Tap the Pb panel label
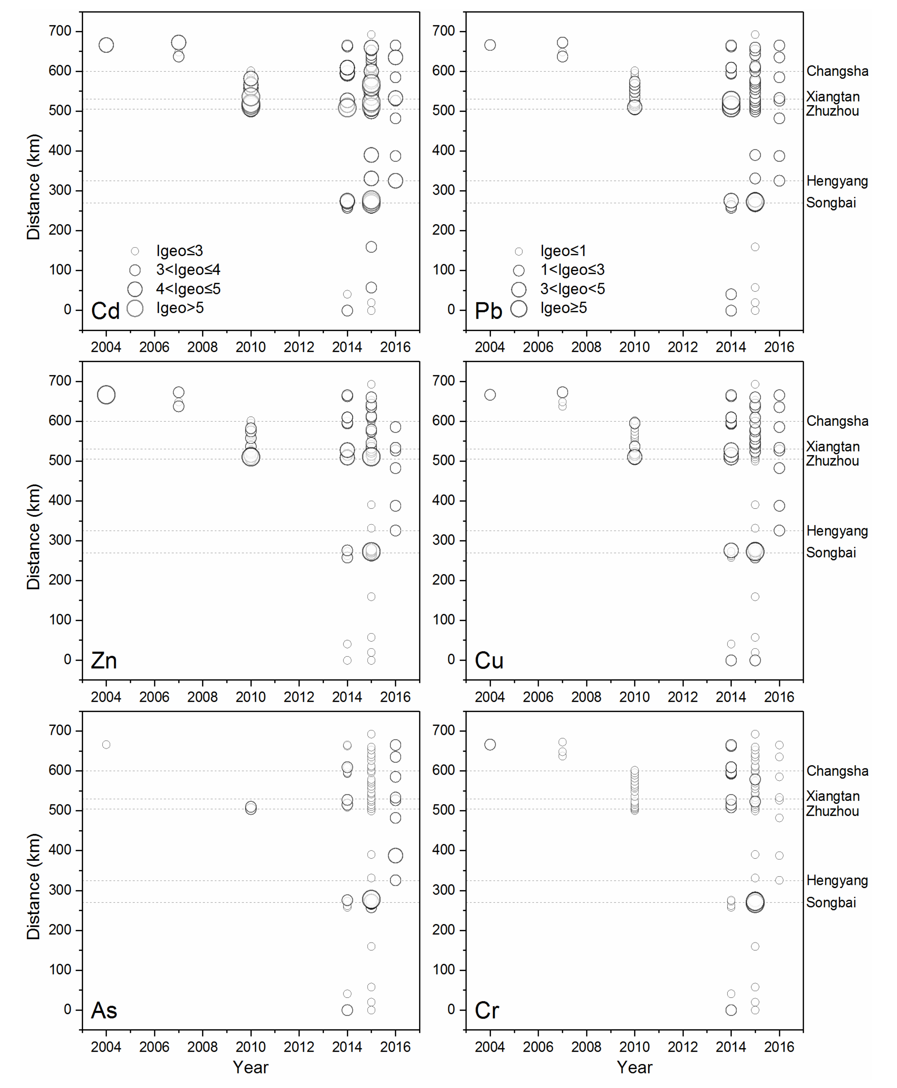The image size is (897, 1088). (488, 311)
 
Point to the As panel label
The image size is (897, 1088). (104, 1011)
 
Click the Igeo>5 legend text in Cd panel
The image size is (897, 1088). (180, 308)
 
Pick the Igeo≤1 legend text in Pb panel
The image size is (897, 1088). (563, 251)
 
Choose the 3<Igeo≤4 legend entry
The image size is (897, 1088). (188, 270)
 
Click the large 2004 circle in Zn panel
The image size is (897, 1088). (106, 395)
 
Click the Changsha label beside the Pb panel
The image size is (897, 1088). (837, 71)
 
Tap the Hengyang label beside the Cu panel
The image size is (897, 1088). (837, 531)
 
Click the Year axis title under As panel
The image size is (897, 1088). (251, 1067)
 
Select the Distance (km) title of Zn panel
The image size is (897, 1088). (34, 536)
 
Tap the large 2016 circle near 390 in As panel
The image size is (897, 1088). (395, 855)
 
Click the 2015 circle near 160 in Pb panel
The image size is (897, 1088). (755, 247)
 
